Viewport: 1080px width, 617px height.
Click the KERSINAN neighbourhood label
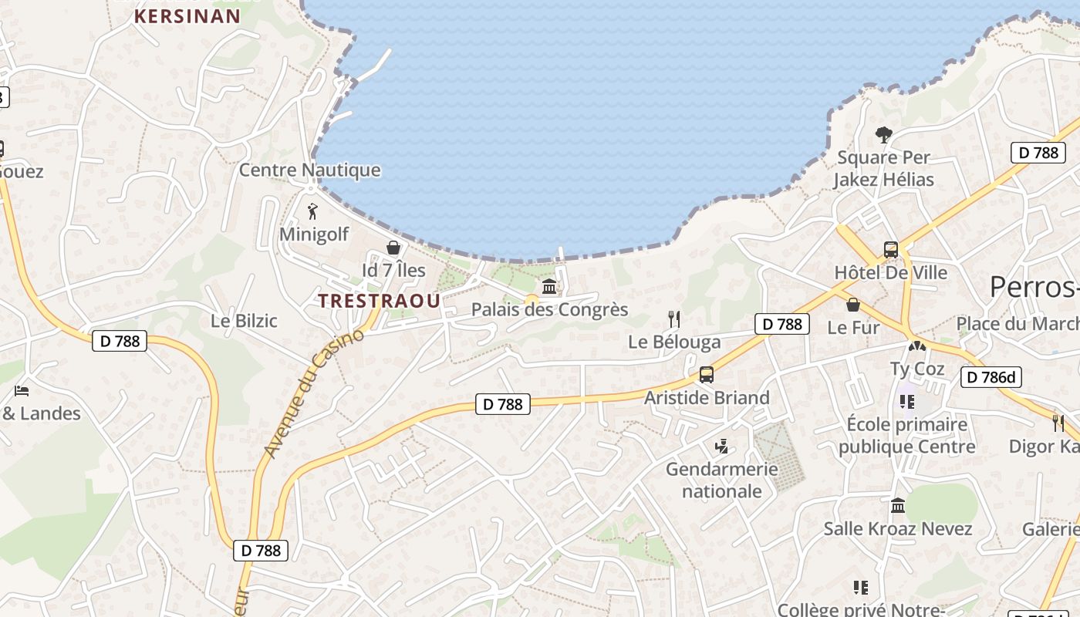pos(187,15)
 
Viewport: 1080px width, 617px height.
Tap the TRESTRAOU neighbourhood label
pos(380,301)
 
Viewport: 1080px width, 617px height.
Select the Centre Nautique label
pos(309,170)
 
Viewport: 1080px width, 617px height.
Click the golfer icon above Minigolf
pos(312,211)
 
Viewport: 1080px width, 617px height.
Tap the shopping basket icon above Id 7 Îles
pos(393,248)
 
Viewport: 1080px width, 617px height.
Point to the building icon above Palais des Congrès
pos(549,287)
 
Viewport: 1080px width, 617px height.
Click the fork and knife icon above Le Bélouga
pos(674,319)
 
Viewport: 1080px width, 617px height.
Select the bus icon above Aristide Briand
pos(707,375)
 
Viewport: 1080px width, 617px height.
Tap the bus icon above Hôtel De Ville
pos(891,249)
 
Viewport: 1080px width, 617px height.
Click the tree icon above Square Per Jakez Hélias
pos(884,135)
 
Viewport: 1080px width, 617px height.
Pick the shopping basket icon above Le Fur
pos(853,305)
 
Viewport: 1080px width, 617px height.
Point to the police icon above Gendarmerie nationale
pos(722,446)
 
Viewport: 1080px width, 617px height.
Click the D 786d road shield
pos(991,377)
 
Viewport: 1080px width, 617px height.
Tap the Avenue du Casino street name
pos(312,393)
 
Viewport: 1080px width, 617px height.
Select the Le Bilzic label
pos(244,321)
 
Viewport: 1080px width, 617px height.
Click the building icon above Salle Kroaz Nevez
pos(898,506)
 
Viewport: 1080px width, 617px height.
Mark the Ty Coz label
pos(917,369)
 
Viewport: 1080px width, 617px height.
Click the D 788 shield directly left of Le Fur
pos(782,324)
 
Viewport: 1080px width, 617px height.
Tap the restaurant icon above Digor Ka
pos(1058,423)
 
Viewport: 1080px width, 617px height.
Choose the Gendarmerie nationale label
pos(722,480)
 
